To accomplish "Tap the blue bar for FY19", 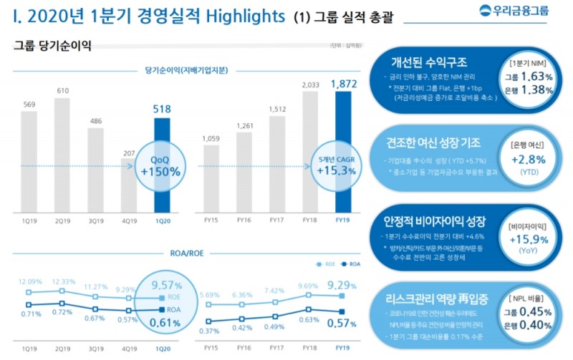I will click(x=343, y=150).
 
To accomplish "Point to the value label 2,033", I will click(x=310, y=85).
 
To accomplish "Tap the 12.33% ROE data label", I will click(x=62, y=281).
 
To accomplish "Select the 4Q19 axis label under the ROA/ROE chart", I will click(x=129, y=349).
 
